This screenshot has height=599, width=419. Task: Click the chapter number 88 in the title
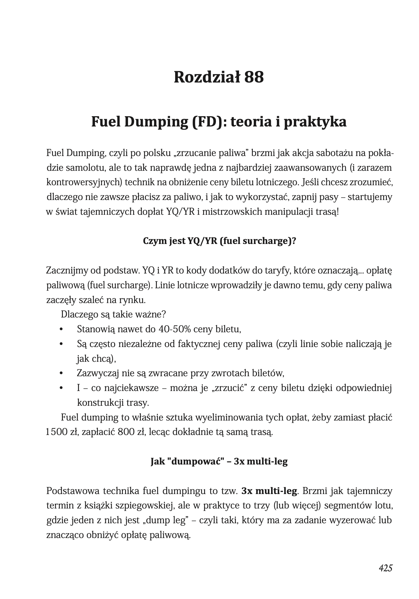coord(254,77)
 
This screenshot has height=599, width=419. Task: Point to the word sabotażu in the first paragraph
coord(335,153)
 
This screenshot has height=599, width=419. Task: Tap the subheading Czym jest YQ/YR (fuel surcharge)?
coord(219,241)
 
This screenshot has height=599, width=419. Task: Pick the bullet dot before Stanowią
coord(61,329)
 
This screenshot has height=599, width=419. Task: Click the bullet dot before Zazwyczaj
coord(61,373)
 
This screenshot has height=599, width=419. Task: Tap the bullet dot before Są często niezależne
coord(61,344)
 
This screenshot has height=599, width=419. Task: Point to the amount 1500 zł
coord(62,432)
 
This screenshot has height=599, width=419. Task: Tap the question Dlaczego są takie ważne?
coord(113,314)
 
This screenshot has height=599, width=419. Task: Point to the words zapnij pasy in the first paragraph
coord(315,197)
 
